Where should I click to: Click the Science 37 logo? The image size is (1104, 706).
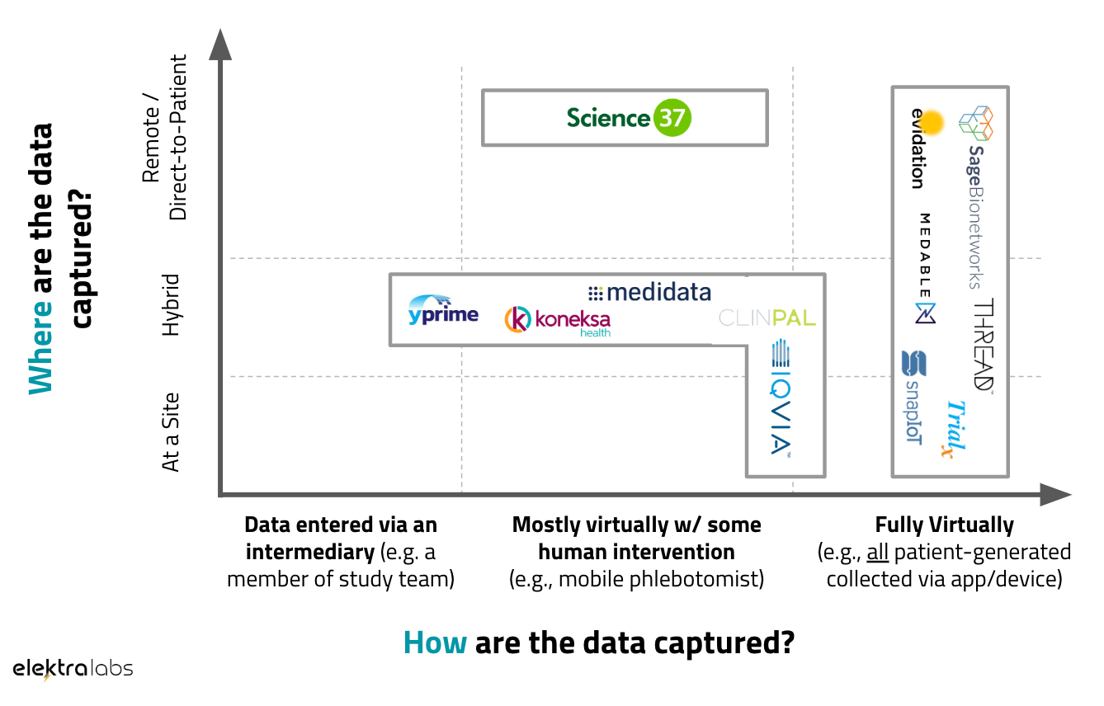pyautogui.click(x=628, y=118)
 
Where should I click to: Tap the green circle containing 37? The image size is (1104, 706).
pyautogui.click(x=672, y=118)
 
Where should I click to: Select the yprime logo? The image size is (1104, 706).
pyautogui.click(x=443, y=311)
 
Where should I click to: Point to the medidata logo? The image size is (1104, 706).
pyautogui.click(x=649, y=292)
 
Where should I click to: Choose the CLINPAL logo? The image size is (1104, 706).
pyautogui.click(x=767, y=318)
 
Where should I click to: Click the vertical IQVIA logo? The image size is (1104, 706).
pyautogui.click(x=781, y=398)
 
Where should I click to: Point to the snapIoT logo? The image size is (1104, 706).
pyautogui.click(x=913, y=397)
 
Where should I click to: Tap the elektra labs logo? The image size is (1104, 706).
pyautogui.click(x=73, y=669)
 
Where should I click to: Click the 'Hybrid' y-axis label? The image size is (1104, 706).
pyautogui.click(x=171, y=305)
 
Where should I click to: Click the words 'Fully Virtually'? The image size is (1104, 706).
pyautogui.click(x=944, y=525)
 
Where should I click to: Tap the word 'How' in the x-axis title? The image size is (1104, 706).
pyautogui.click(x=435, y=642)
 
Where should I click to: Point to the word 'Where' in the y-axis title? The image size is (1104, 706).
pyautogui.click(x=40, y=349)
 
